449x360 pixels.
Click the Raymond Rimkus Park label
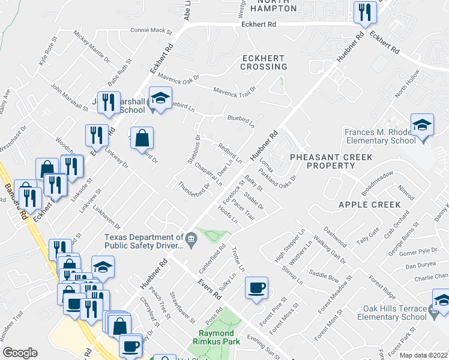click(x=220, y=337)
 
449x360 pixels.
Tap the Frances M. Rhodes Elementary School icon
click(x=422, y=125)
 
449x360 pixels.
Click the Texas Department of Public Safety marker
click(x=191, y=241)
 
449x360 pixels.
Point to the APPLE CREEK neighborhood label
click(x=369, y=205)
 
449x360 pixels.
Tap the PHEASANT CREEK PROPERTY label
click(x=331, y=161)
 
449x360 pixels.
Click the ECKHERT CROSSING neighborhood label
click(x=264, y=62)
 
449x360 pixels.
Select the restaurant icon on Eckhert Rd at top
click(x=364, y=13)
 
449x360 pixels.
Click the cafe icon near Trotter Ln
click(x=257, y=289)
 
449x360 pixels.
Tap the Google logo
click(x=20, y=352)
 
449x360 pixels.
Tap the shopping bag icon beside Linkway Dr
click(x=142, y=139)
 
